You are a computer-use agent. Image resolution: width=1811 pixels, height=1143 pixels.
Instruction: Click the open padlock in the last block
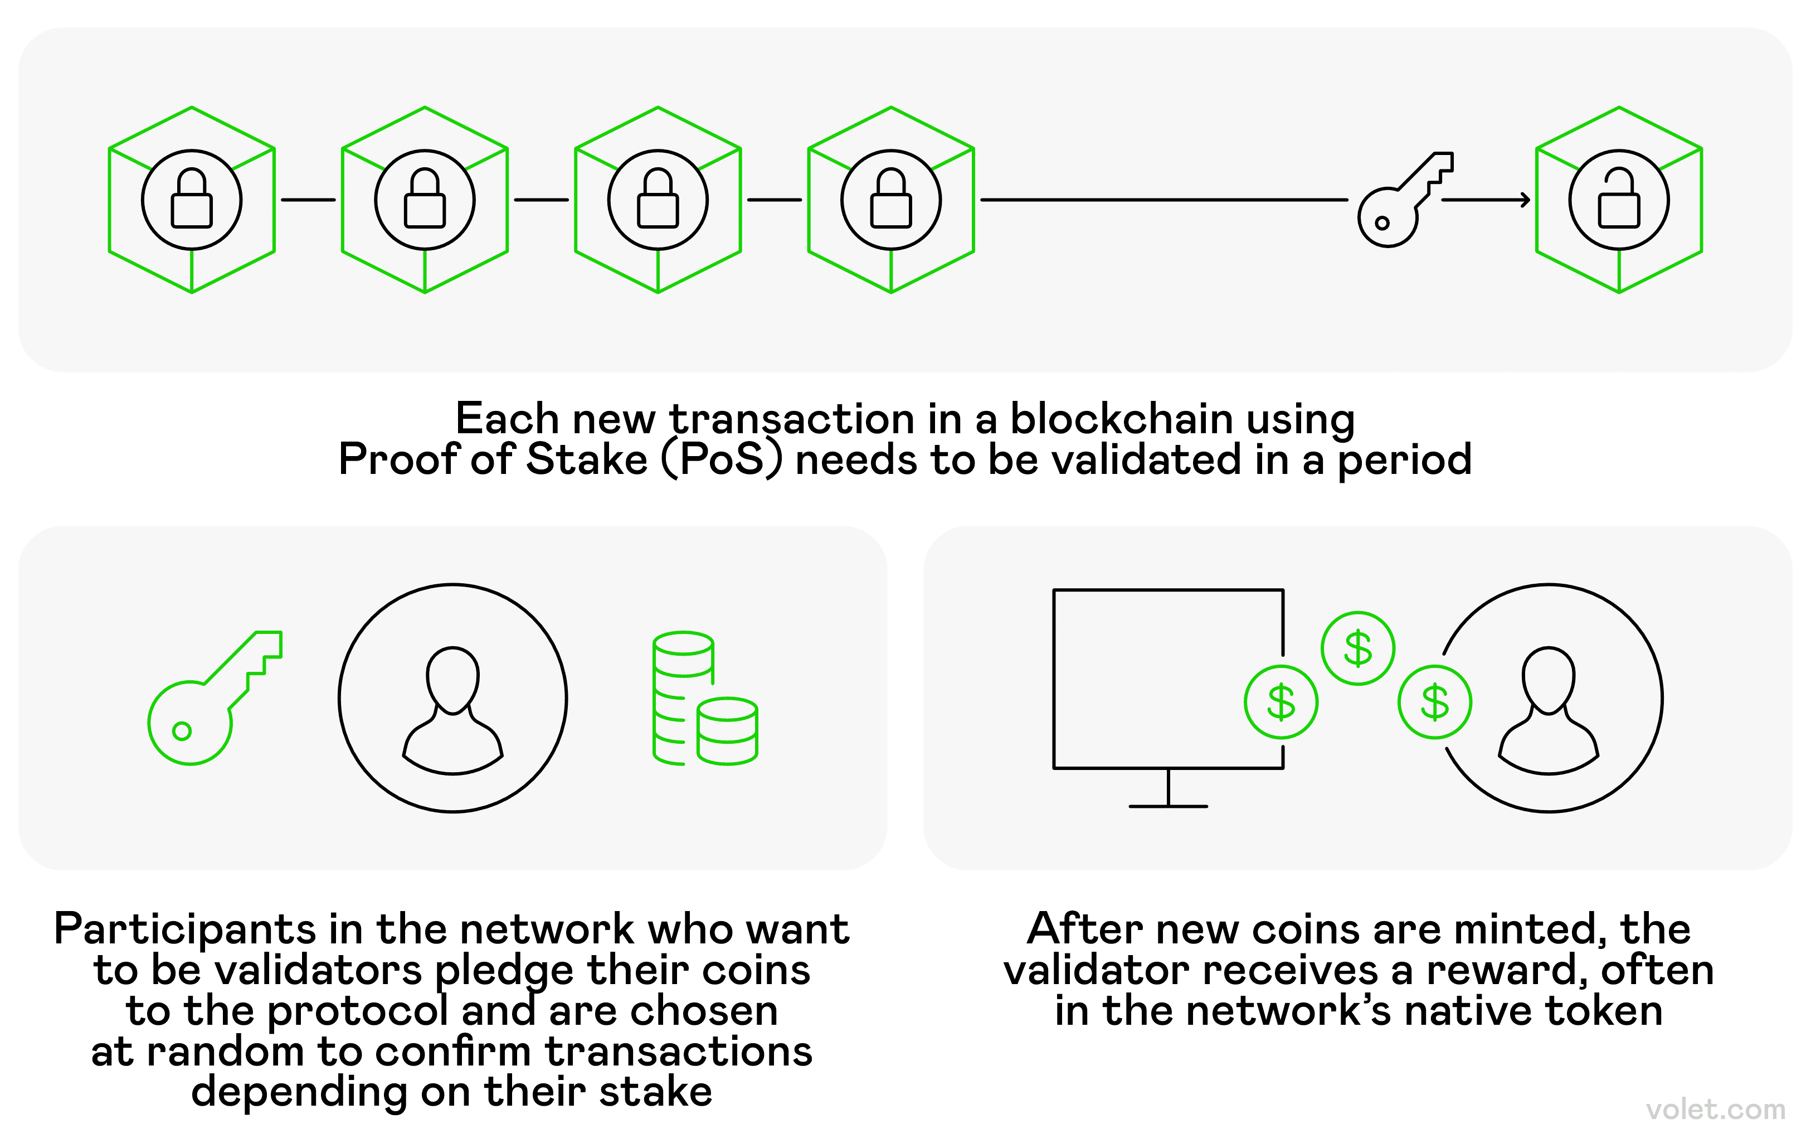pos(1618,200)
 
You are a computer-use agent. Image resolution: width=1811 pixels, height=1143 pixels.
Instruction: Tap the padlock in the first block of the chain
pos(192,200)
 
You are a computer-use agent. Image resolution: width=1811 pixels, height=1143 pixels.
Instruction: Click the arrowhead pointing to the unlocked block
pos(1525,200)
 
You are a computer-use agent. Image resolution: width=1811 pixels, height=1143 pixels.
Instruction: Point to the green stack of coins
pos(704,700)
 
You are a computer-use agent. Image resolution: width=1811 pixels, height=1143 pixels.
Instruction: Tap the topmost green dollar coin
pos(1357,648)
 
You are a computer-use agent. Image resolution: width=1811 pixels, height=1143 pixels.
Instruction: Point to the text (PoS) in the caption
pos(722,460)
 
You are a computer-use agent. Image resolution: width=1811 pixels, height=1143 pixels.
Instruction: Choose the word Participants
pos(185,930)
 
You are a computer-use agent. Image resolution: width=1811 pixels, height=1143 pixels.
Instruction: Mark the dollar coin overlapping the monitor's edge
pos(1281,702)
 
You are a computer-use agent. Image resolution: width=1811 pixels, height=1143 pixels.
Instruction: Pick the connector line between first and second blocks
pos(308,200)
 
